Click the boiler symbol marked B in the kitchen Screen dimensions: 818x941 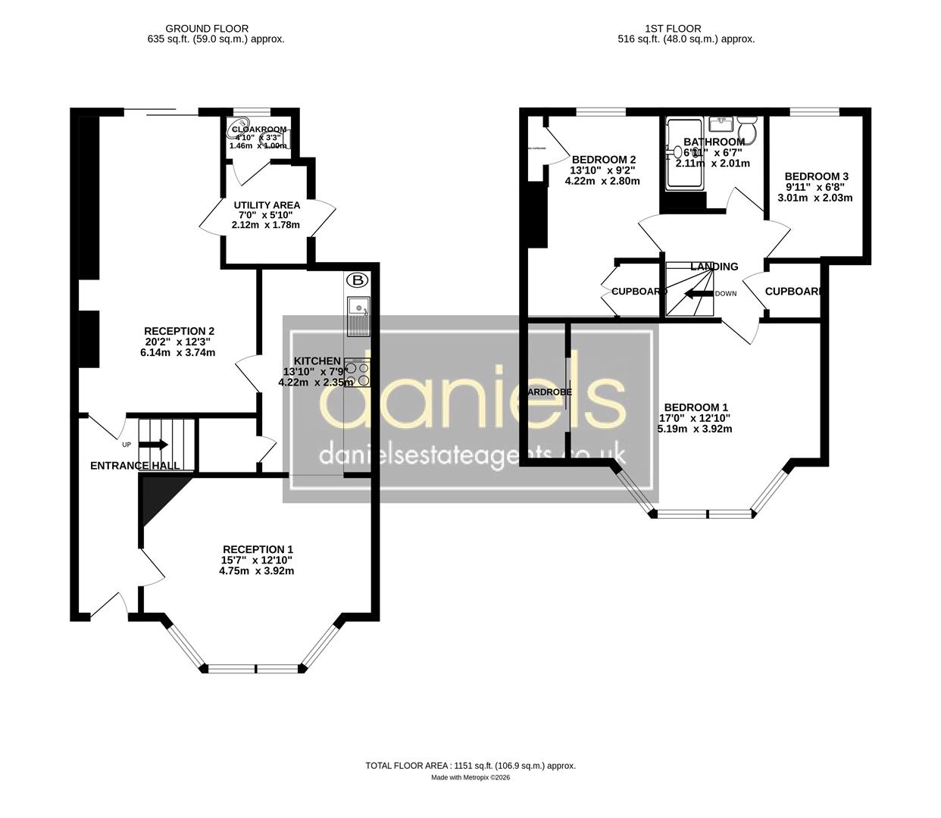click(357, 281)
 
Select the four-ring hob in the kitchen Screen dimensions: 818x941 click(358, 373)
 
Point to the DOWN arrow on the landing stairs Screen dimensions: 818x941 click(698, 294)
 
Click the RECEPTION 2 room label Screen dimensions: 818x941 click(179, 331)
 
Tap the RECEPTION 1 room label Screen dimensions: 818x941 click(258, 549)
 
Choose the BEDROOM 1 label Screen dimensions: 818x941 click(695, 407)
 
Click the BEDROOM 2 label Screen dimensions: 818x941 click(604, 159)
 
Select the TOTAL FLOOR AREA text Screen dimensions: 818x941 click(470, 766)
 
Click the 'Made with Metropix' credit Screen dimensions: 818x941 click(470, 778)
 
